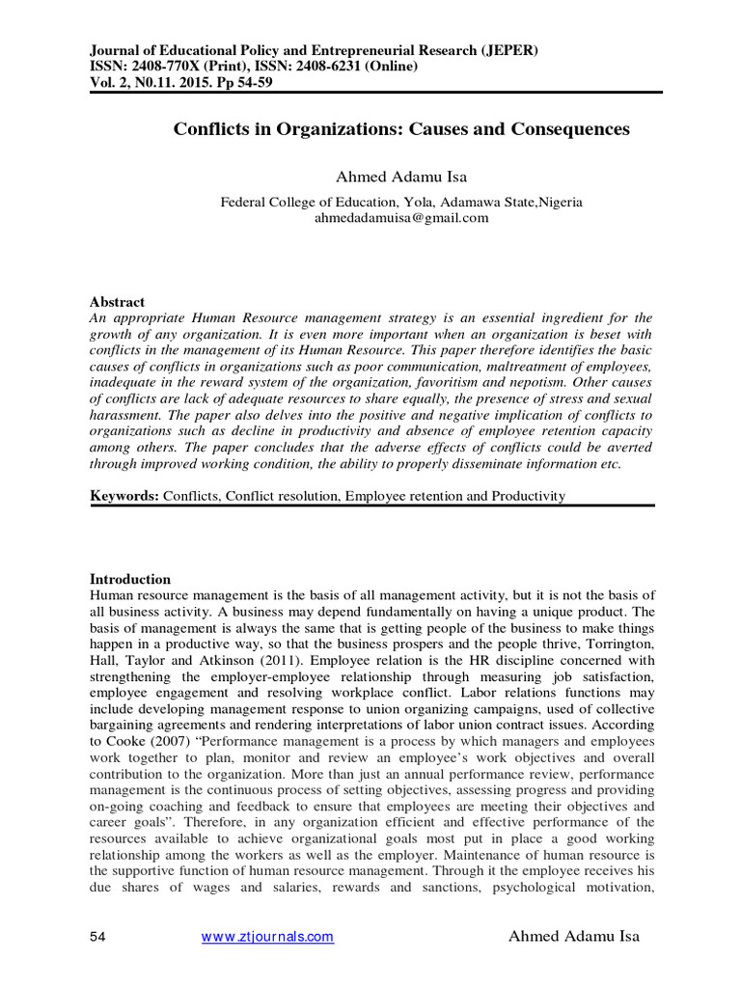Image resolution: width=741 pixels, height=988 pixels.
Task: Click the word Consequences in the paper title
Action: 557,128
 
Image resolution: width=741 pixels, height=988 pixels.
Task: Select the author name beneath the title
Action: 401,177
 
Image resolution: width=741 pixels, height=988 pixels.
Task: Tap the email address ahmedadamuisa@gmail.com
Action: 401,218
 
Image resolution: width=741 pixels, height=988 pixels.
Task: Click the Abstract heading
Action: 117,274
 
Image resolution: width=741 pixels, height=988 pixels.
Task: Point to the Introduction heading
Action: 130,579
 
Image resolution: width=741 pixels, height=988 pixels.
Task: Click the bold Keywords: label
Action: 124,496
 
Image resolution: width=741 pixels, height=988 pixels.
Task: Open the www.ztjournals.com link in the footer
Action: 267,936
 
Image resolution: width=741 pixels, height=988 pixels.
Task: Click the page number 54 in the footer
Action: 97,936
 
